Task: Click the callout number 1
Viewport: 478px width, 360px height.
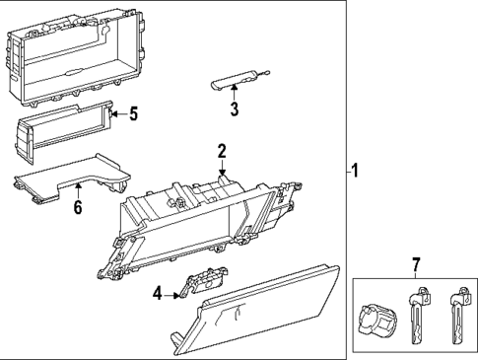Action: (356, 171)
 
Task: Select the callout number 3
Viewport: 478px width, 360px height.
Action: (235, 108)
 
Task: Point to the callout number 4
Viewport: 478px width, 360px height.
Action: (157, 292)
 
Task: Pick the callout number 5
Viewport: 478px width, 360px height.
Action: (133, 113)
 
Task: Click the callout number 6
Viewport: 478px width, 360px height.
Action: (77, 207)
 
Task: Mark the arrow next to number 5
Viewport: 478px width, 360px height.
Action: (115, 114)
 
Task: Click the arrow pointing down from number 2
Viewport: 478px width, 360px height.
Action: (224, 170)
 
